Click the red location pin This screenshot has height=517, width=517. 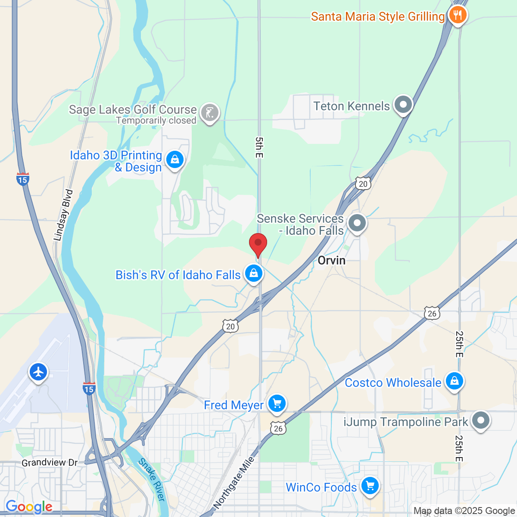[x=258, y=244]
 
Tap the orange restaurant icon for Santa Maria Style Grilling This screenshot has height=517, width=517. [x=458, y=15]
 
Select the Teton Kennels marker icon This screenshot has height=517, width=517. [x=403, y=105]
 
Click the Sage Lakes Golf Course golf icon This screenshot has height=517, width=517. [x=210, y=112]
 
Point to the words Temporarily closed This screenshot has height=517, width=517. [x=156, y=121]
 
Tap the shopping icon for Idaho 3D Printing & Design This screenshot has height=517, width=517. [x=174, y=160]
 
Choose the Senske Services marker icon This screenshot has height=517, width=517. [x=357, y=223]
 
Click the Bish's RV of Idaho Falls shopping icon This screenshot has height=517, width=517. [x=254, y=273]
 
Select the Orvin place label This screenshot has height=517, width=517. [x=331, y=260]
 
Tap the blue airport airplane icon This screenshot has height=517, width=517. [x=38, y=371]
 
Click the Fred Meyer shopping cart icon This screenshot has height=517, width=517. [x=277, y=404]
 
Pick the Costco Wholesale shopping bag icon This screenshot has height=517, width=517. [x=454, y=381]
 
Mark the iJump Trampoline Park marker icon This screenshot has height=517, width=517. [x=481, y=420]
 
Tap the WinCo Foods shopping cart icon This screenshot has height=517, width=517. [x=369, y=486]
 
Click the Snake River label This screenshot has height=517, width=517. [x=152, y=480]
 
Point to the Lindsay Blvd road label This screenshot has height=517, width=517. [x=64, y=215]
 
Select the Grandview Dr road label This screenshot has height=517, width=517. [x=50, y=463]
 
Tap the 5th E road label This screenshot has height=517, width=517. [x=258, y=147]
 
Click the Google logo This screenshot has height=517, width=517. [x=29, y=507]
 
